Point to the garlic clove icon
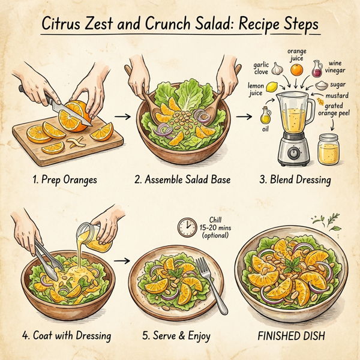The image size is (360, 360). [277, 69]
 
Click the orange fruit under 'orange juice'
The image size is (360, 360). [296, 70]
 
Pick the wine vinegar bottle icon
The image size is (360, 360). [317, 68]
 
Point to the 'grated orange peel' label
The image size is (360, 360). [339, 110]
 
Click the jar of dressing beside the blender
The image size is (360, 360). [328, 147]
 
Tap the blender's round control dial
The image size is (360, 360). [294, 153]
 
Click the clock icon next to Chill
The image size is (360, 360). [187, 227]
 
